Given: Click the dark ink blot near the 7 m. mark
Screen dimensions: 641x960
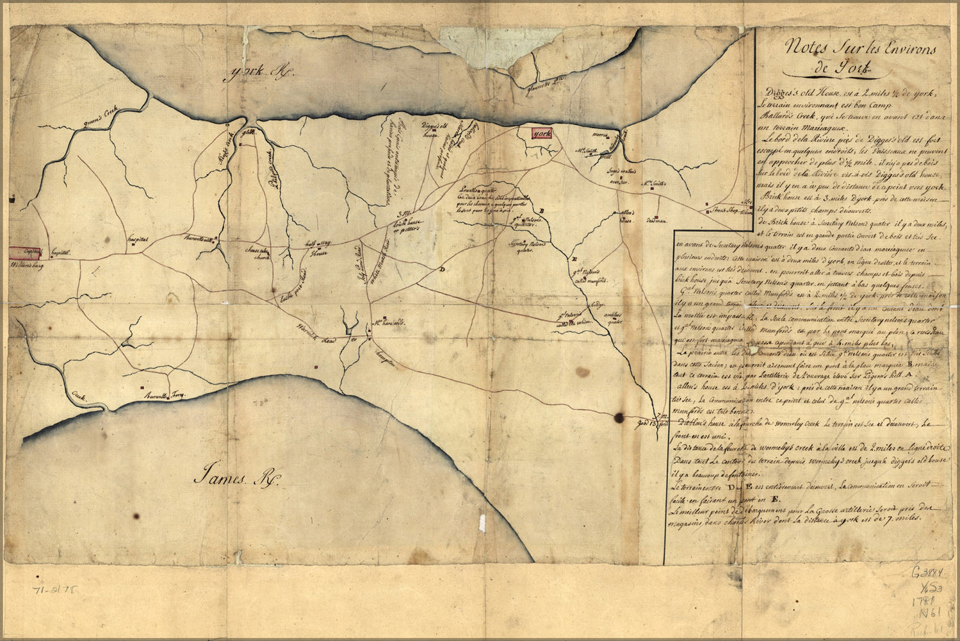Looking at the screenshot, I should [x=619, y=418].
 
